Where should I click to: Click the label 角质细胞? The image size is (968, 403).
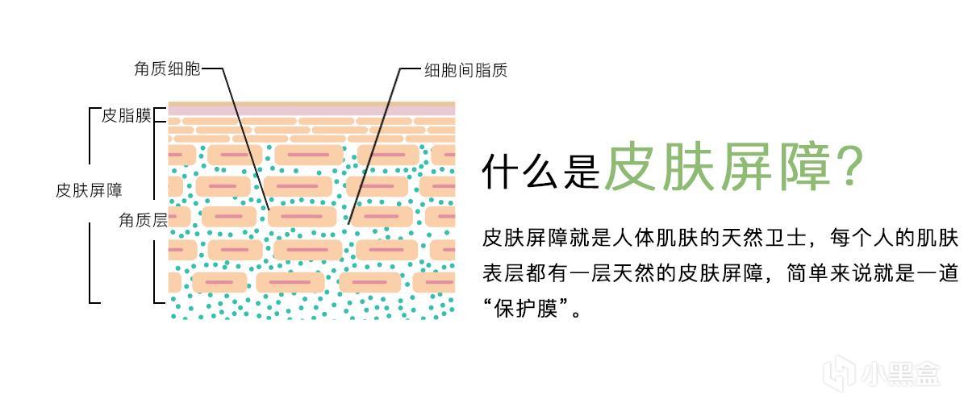point(167,69)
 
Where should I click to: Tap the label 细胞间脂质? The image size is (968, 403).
point(465,70)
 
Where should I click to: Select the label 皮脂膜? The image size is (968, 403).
point(126,116)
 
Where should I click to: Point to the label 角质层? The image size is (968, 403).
point(143,220)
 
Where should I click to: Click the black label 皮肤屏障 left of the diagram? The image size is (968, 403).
point(89,190)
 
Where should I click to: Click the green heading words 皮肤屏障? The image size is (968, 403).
point(717,167)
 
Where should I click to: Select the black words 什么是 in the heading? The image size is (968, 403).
point(540,172)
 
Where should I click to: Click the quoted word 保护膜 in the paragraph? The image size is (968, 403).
point(526,309)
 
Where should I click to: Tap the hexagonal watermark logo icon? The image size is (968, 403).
point(839,373)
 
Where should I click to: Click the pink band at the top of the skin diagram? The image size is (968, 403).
point(311,110)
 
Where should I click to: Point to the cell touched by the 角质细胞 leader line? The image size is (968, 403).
point(302,216)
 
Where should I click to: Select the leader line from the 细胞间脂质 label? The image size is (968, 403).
point(373,147)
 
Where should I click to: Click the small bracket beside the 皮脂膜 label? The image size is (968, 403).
point(159,115)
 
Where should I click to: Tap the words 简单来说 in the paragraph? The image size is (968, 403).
point(828,273)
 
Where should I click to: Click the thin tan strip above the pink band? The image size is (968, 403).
point(311,104)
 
